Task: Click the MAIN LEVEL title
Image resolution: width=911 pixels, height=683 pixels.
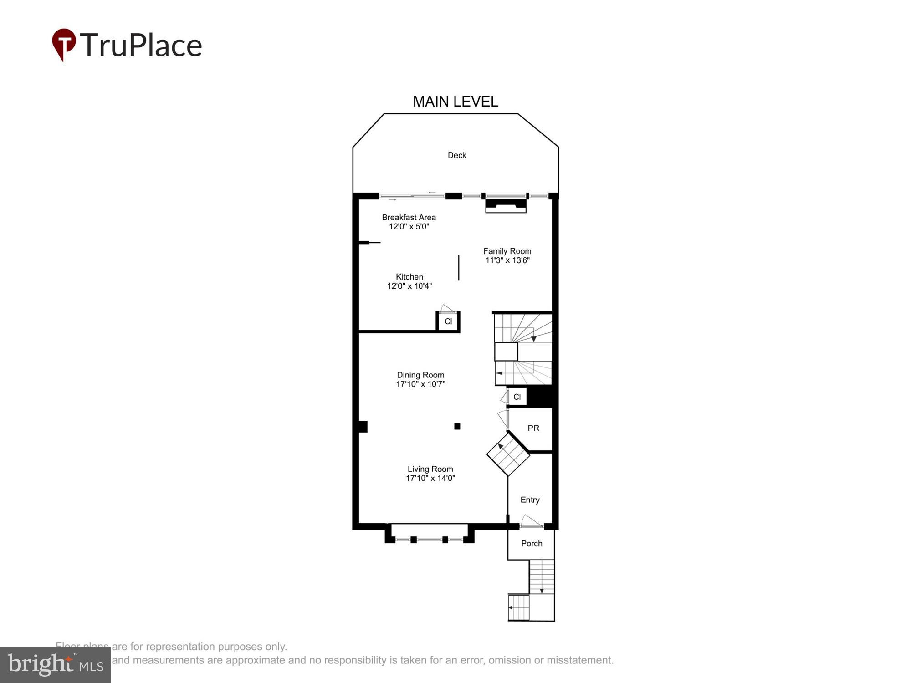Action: tap(455, 102)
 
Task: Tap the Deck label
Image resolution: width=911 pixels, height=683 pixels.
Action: tap(456, 155)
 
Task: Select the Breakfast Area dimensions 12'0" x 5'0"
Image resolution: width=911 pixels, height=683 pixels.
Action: tap(409, 227)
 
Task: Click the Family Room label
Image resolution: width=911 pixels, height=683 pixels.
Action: tap(507, 251)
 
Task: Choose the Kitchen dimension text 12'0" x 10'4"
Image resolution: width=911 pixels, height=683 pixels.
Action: tap(409, 286)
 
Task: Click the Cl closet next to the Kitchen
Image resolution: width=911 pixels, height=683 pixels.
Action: tap(448, 321)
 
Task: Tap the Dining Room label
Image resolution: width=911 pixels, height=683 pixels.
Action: tap(420, 375)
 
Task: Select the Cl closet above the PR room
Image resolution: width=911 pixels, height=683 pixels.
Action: tap(517, 397)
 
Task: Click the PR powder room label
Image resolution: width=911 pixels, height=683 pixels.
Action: tap(533, 428)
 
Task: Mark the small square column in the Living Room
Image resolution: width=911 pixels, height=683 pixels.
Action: tap(457, 426)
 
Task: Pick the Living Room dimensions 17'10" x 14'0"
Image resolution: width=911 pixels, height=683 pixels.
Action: tap(430, 478)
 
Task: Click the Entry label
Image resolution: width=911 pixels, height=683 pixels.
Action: tap(530, 500)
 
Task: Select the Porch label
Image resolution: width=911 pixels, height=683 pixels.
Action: tap(532, 544)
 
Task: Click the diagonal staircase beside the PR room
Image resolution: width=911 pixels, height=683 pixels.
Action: tap(508, 454)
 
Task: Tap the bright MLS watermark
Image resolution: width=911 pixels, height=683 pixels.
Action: tap(56, 665)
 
